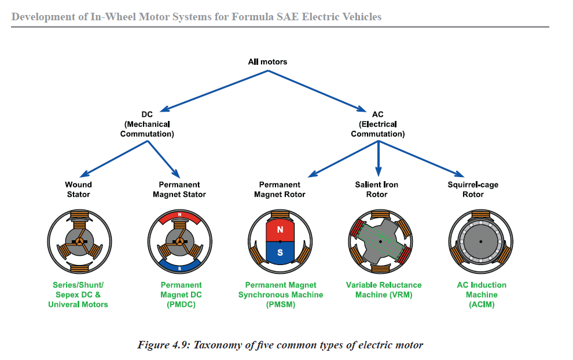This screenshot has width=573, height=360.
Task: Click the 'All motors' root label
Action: pyautogui.click(x=267, y=61)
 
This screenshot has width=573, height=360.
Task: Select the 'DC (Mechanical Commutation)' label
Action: pyautogui.click(x=147, y=124)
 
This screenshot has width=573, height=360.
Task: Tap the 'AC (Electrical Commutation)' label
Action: pyautogui.click(x=377, y=124)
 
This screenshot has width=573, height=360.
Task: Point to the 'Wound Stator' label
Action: pyautogui.click(x=78, y=189)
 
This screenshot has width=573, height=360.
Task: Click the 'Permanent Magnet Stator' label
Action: pyautogui.click(x=179, y=189)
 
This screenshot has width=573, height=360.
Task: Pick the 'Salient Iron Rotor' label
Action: pyautogui.click(x=377, y=189)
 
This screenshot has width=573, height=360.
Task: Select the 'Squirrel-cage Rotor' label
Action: pyautogui.click(x=473, y=189)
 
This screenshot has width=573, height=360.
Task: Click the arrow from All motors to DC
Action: pyautogui.click(x=214, y=90)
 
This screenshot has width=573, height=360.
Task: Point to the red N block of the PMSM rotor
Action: pyautogui.click(x=280, y=230)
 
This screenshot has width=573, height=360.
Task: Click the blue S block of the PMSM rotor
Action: pyautogui.click(x=280, y=252)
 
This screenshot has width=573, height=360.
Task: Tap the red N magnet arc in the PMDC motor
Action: pyautogui.click(x=180, y=216)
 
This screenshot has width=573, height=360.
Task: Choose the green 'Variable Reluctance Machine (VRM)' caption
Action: pyautogui.click(x=384, y=289)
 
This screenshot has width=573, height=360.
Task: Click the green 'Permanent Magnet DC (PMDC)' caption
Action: pyautogui.click(x=181, y=295)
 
